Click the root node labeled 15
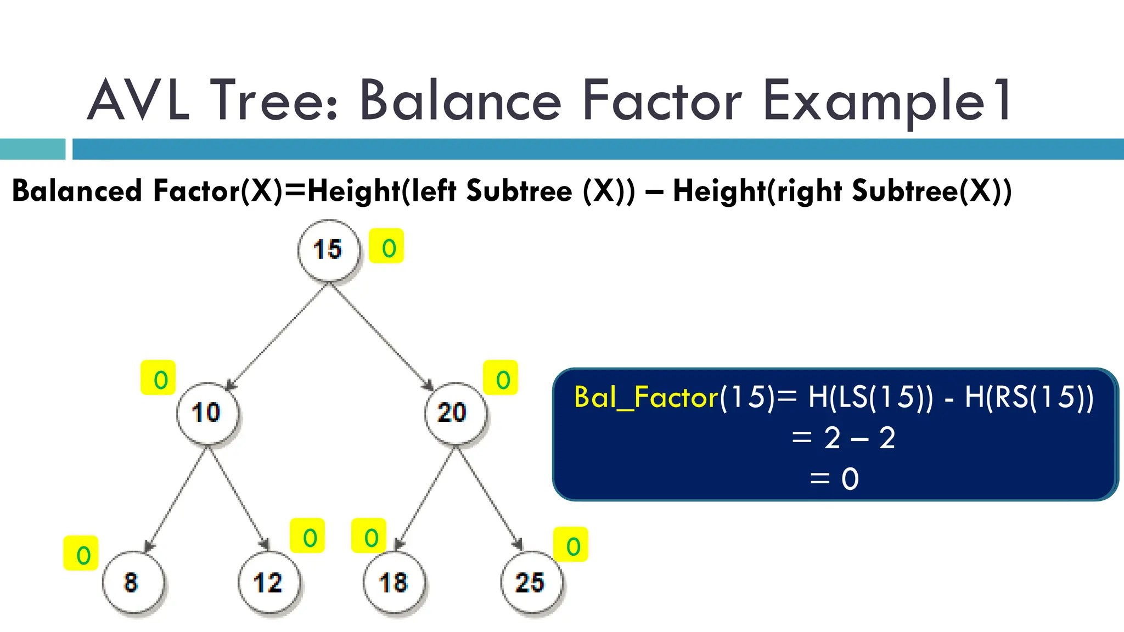coord(328,250)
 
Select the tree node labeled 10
coord(207,413)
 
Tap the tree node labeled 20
coord(454,413)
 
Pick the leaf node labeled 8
coord(132,583)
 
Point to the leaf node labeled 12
coord(268,583)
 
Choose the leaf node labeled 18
coord(394,583)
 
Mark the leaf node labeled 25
coord(531,583)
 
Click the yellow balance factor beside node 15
coord(386,246)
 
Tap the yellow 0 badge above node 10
coord(158,378)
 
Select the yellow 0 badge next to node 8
coord(81,554)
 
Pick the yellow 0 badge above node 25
coord(571,545)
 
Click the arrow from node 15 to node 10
coord(278,336)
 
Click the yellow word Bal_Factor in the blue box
coord(646,397)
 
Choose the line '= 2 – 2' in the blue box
coord(844,438)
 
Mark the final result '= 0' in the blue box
coord(834,479)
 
